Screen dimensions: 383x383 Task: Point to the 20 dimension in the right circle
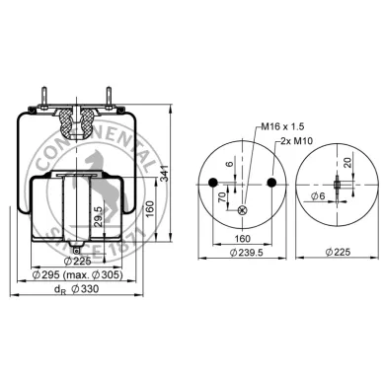point(348,163)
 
